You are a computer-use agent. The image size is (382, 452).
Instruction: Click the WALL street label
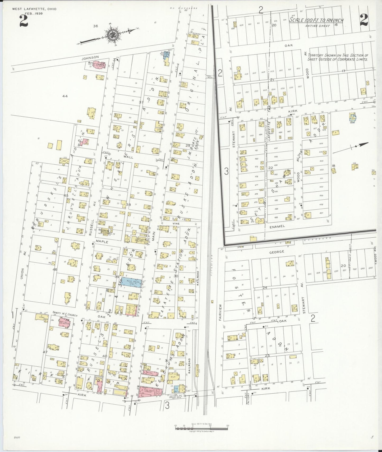[x=130, y=157]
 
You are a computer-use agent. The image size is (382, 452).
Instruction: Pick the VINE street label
[x=176, y=224]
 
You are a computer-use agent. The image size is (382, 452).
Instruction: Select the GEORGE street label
[x=277, y=252]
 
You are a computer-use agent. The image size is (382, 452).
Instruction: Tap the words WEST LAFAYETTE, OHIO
[x=34, y=9]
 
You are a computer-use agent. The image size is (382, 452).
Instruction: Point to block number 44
[x=65, y=96]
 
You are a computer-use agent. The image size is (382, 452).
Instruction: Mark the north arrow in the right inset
[x=354, y=147]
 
